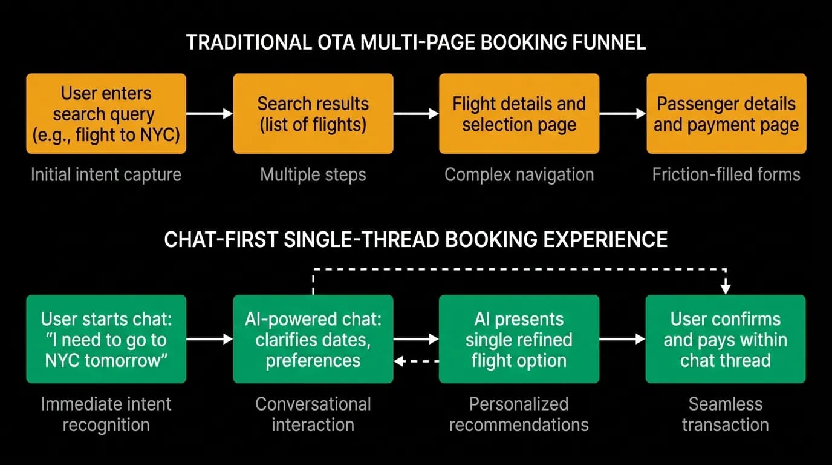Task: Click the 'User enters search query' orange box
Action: [106, 113]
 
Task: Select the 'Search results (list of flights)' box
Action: [313, 113]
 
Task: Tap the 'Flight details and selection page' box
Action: [519, 113]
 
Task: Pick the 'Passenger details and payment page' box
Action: [726, 113]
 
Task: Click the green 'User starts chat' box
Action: [106, 339]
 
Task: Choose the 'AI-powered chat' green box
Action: [313, 339]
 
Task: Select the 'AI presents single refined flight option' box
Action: [519, 339]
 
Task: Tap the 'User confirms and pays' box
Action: [726, 339]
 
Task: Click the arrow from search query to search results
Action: [209, 113]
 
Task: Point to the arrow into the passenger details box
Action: [623, 113]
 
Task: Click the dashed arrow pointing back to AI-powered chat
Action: [416, 361]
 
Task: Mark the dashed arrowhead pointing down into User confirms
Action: [726, 289]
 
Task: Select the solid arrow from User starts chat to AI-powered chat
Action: [209, 339]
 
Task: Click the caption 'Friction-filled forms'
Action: [726, 174]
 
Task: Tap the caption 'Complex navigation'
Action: [519, 174]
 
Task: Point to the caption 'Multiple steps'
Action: [313, 174]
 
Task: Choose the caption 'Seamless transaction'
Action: [726, 414]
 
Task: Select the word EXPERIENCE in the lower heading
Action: [605, 239]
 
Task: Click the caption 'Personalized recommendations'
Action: [519, 414]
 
